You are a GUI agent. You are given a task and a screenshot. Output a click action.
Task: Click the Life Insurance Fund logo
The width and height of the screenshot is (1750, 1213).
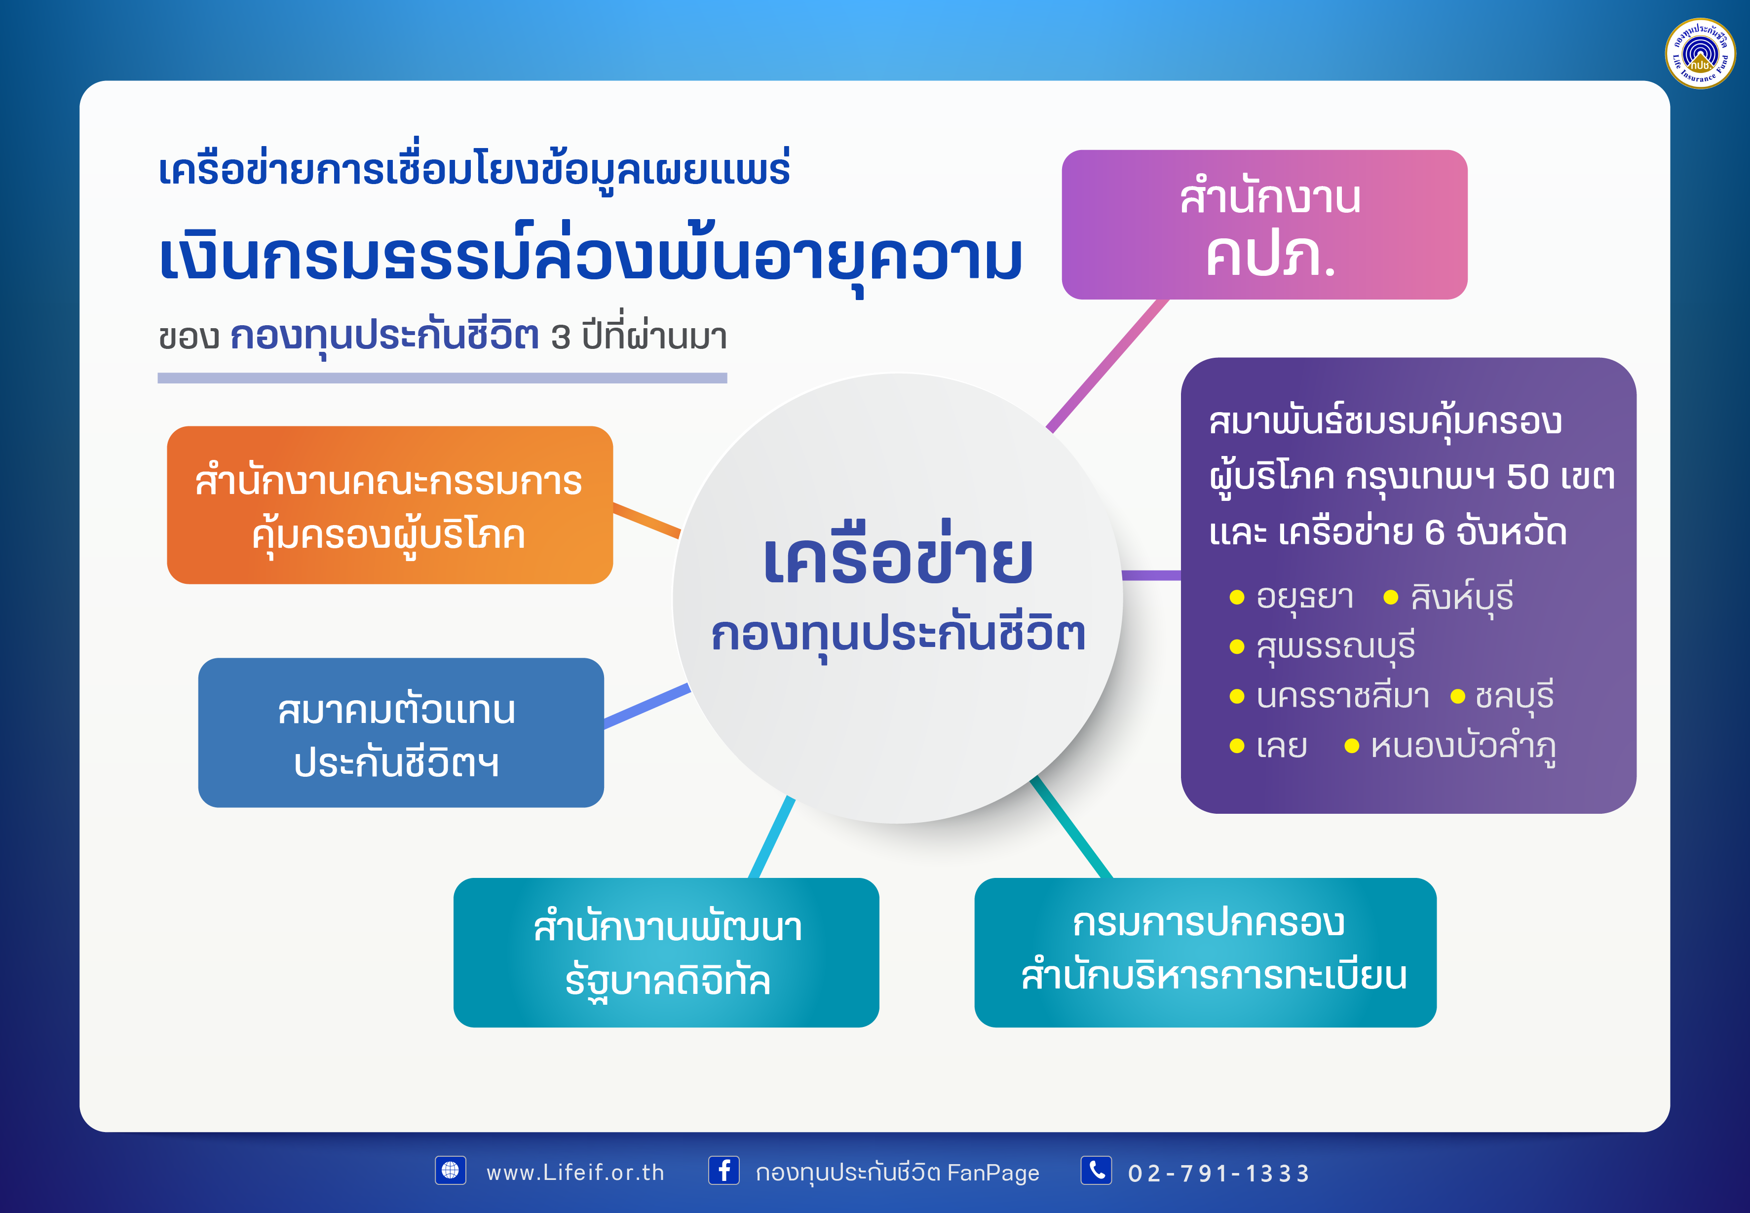[1700, 53]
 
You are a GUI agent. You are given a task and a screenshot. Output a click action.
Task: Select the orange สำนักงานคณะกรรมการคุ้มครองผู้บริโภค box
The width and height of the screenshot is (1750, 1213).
[390, 505]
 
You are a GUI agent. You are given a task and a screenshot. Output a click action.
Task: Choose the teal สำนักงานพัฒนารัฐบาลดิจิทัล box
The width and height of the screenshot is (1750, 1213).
[666, 952]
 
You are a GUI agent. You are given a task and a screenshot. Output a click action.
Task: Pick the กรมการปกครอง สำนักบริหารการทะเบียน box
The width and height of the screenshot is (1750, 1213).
[1205, 952]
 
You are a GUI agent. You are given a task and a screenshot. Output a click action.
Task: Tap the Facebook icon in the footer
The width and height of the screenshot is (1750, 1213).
[723, 1171]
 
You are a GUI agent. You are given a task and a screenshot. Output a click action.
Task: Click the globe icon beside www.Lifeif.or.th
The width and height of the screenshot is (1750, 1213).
[450, 1171]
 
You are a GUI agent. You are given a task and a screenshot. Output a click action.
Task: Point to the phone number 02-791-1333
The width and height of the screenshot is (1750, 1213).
[1219, 1174]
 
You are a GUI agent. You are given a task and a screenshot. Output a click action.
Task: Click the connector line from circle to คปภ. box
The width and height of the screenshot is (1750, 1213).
[1106, 366]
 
